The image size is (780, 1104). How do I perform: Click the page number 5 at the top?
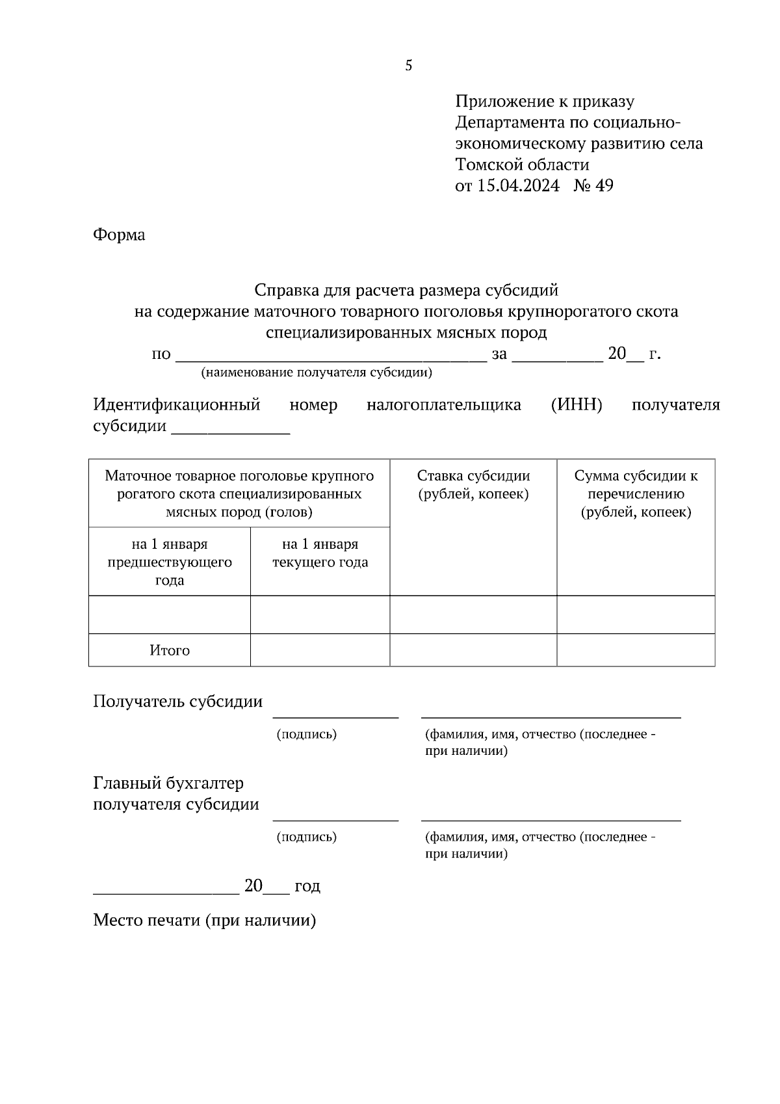click(408, 66)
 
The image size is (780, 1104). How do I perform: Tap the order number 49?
click(604, 186)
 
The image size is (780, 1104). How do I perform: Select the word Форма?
click(119, 235)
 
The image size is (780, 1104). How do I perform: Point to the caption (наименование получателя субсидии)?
click(317, 373)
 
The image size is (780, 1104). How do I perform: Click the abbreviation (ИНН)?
click(577, 405)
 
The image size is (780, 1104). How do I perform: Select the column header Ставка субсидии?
click(473, 476)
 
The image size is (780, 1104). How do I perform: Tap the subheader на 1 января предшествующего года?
click(170, 562)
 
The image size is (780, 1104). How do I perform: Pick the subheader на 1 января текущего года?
click(320, 553)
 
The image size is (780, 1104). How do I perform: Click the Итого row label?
click(170, 650)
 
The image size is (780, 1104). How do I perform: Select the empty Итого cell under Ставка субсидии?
click(473, 650)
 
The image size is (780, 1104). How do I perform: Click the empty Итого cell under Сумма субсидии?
click(636, 650)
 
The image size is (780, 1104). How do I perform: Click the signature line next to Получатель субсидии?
click(335, 715)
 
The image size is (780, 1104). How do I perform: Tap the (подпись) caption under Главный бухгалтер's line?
click(307, 837)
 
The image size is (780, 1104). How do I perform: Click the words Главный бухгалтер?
click(168, 783)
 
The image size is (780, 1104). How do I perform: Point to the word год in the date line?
click(307, 886)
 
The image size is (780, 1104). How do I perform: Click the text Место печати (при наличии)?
click(204, 921)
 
